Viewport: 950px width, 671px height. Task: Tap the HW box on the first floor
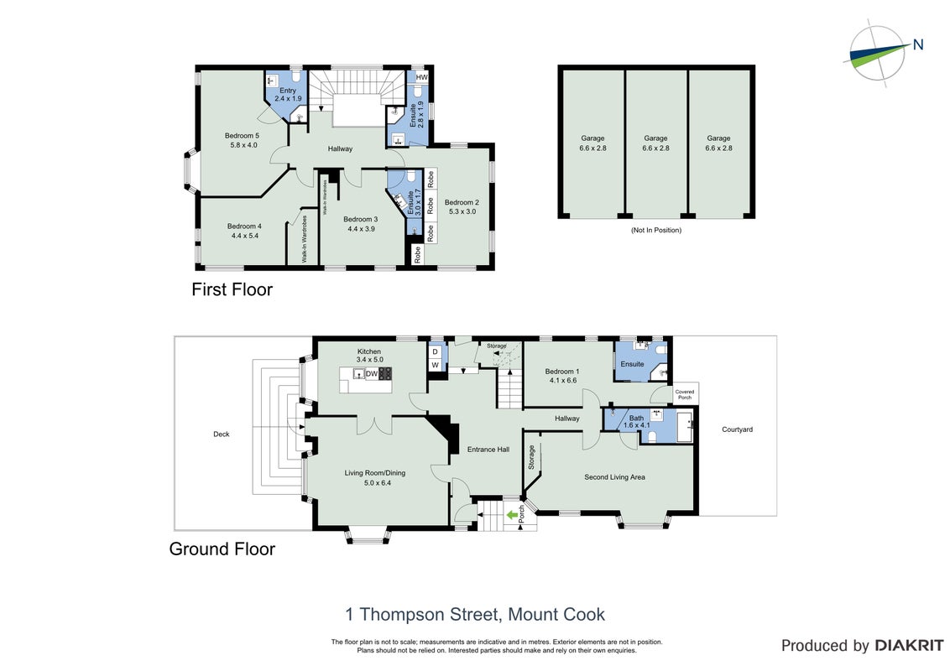(421, 77)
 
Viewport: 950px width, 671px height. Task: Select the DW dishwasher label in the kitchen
(372, 374)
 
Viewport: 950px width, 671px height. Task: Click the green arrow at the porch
(512, 515)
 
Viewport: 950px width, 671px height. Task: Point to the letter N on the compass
(918, 44)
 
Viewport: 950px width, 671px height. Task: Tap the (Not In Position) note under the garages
(656, 230)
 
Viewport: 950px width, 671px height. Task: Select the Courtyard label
(738, 429)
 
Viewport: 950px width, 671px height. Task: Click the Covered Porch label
(685, 394)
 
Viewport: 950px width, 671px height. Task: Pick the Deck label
(222, 434)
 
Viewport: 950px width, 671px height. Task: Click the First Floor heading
(232, 289)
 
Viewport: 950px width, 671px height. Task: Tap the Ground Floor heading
(222, 549)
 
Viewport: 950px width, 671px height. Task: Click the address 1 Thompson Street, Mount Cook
(475, 615)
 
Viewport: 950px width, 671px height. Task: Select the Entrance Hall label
(488, 450)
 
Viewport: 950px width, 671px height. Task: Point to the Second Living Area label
(614, 477)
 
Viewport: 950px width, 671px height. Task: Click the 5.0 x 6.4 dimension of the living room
(378, 482)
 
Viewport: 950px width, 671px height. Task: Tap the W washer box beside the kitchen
(435, 365)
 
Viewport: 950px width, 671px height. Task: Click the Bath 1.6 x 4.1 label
(637, 422)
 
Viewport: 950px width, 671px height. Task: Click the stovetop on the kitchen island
(385, 373)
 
